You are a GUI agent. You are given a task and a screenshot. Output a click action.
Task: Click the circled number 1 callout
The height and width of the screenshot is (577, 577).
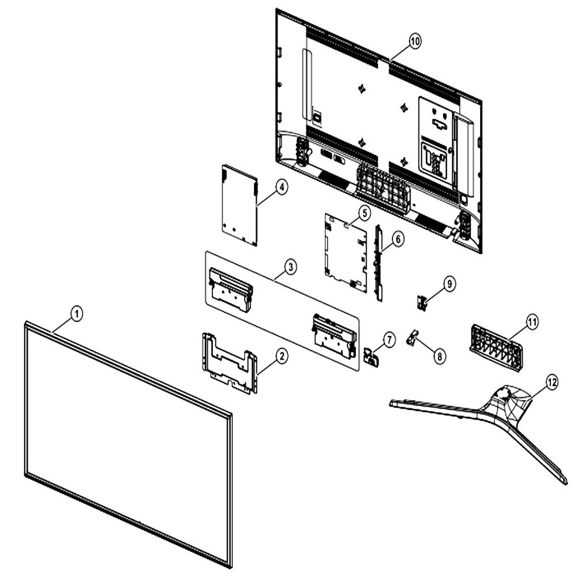click(x=77, y=314)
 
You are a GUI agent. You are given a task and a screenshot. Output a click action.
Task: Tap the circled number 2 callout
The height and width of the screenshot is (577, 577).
click(x=282, y=356)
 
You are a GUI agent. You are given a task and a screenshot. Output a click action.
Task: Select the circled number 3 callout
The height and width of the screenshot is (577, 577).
click(x=290, y=267)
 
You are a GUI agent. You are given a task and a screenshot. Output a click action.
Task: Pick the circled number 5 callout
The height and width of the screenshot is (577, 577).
click(x=364, y=213)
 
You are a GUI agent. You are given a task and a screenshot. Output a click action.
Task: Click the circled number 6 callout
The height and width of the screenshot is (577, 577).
click(x=398, y=239)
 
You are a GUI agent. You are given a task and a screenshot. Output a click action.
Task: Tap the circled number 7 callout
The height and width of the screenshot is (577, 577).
click(x=389, y=340)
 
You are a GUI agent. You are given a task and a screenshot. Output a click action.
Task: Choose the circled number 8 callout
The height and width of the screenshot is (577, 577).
click(x=439, y=356)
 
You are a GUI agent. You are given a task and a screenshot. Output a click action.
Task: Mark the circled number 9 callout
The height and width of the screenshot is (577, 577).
click(x=449, y=284)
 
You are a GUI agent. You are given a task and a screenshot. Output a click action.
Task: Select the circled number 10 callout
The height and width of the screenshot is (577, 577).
click(x=415, y=41)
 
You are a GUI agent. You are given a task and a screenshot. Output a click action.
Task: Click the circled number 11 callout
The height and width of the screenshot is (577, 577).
click(x=532, y=323)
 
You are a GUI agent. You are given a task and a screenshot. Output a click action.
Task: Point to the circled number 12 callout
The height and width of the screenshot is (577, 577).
click(x=552, y=383)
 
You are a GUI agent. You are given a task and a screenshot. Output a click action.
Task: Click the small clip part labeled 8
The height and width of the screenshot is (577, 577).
click(x=413, y=338)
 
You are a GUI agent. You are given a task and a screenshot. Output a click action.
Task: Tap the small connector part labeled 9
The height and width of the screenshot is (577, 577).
click(x=422, y=303)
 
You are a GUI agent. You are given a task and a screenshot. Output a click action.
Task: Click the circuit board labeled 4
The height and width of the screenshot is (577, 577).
click(x=239, y=205)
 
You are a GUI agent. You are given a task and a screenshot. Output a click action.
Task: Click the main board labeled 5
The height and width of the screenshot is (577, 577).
click(x=346, y=253)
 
